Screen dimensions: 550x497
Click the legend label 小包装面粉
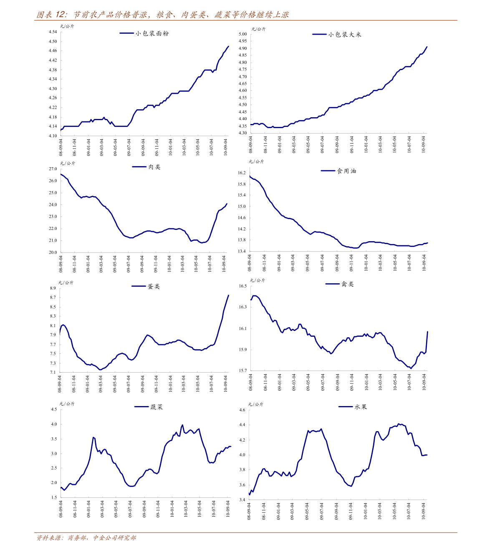click(x=152, y=33)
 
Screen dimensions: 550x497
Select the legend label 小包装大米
click(x=344, y=35)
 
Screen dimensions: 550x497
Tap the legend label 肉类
click(x=154, y=167)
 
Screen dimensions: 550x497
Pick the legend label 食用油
click(x=346, y=171)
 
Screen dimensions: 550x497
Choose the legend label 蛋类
click(x=154, y=287)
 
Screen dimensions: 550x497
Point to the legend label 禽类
click(x=347, y=284)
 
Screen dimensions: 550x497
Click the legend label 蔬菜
click(x=156, y=407)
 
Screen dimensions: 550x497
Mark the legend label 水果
click(x=361, y=407)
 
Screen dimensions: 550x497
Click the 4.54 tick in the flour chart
click(x=53, y=32)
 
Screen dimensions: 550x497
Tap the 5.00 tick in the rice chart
click(x=242, y=34)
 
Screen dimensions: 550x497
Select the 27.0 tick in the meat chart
click(x=53, y=169)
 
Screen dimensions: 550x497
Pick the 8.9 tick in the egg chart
click(x=53, y=288)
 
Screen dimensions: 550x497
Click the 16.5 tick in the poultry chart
click(x=242, y=286)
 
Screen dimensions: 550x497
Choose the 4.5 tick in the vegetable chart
click(x=54, y=409)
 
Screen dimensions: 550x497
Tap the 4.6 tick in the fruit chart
click(x=242, y=410)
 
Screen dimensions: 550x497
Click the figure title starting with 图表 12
click(x=163, y=15)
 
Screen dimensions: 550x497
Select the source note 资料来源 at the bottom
click(x=86, y=538)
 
